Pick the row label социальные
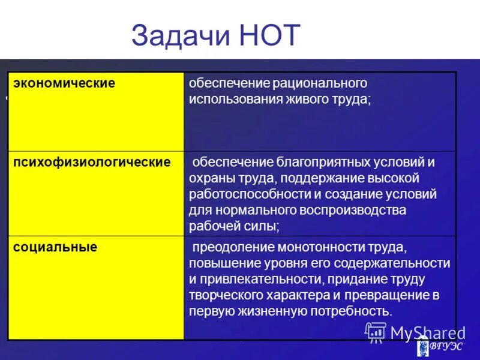(x=55, y=247)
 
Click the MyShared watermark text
(x=427, y=332)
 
